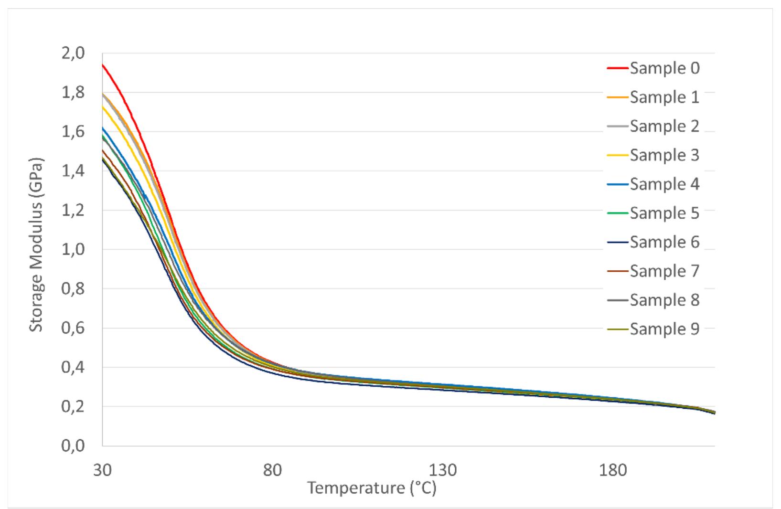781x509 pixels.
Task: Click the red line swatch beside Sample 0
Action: (618, 68)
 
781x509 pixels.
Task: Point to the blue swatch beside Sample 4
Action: (618, 184)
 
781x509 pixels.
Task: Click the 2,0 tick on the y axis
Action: (73, 53)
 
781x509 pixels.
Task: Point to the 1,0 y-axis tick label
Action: (73, 249)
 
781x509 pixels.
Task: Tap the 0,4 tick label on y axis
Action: (73, 367)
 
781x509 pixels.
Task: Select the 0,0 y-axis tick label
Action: (73, 445)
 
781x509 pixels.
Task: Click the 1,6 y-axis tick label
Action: (73, 131)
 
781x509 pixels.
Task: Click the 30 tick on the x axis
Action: (102, 471)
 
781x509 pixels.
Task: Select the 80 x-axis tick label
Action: (272, 471)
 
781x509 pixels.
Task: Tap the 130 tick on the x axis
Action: (443, 471)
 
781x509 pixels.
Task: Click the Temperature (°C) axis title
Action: (371, 488)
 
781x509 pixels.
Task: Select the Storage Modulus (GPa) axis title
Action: (36, 245)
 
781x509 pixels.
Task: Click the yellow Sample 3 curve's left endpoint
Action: (103, 106)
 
